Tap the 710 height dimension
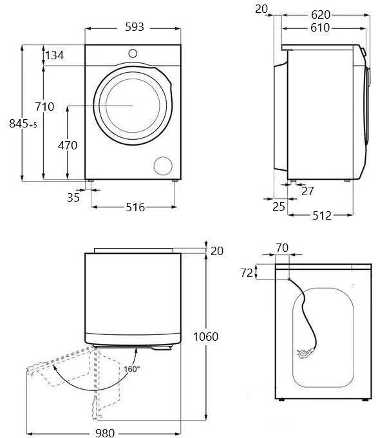[45, 106]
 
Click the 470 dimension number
[68, 146]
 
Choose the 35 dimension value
[73, 198]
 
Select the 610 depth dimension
[319, 28]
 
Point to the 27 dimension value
[308, 191]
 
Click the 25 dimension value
[278, 206]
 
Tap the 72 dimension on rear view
[246, 272]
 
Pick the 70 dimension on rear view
[281, 247]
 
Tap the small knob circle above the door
[133, 53]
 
